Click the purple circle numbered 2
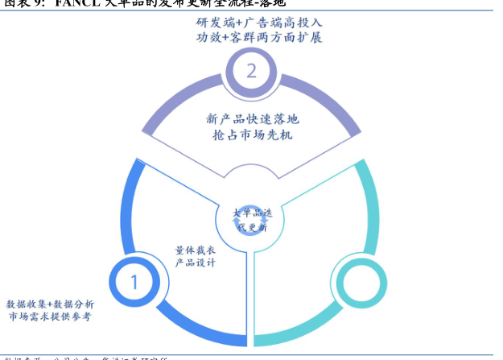click(x=251, y=71)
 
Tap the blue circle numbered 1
click(x=134, y=282)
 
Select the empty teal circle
click(x=356, y=283)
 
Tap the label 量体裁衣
click(x=194, y=250)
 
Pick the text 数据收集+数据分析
click(x=50, y=304)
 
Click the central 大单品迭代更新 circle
click(x=252, y=220)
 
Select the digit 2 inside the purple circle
click(x=251, y=71)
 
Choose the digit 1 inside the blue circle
click(x=134, y=282)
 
